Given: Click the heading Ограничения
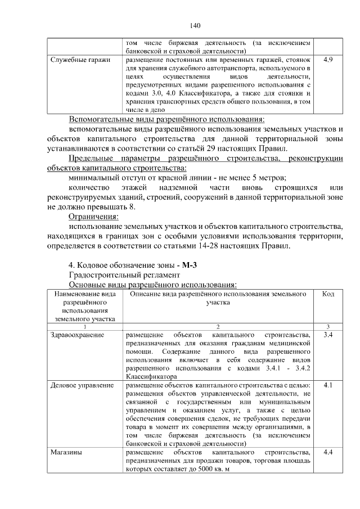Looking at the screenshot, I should pyautogui.click(x=93, y=217).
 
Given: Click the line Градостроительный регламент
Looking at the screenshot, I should pyautogui.click(x=124, y=275).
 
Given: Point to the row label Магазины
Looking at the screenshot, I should pyautogui.click(x=66, y=452).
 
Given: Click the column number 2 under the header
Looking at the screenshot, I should pyautogui.click(x=219, y=327).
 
